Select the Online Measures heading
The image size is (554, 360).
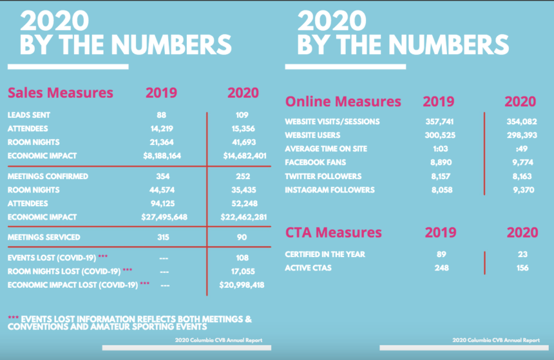point(343,102)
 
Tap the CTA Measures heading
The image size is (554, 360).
point(333,232)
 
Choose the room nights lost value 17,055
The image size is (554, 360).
point(243,270)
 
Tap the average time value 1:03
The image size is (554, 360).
point(437,149)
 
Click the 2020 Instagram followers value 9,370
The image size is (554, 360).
point(520,190)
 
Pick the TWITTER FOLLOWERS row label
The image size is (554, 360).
point(323,176)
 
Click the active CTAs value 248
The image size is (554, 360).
point(441,267)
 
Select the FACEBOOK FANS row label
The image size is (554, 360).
point(315,162)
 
